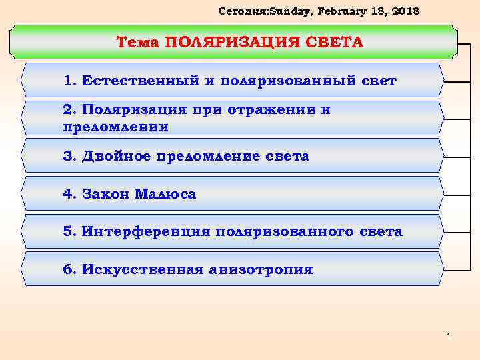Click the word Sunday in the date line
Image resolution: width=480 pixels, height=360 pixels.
point(273,11)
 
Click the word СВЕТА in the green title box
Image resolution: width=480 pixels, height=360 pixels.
point(336,43)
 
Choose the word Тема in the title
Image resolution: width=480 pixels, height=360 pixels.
point(138,43)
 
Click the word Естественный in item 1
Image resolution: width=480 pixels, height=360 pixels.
point(138,81)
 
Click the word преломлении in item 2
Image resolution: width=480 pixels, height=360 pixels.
point(115,126)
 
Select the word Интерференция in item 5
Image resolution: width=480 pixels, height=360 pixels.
point(145,232)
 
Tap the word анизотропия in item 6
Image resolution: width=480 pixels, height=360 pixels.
point(261,269)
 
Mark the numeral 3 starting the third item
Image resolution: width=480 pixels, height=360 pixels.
point(67,157)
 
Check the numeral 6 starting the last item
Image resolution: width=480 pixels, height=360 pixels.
point(67,269)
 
